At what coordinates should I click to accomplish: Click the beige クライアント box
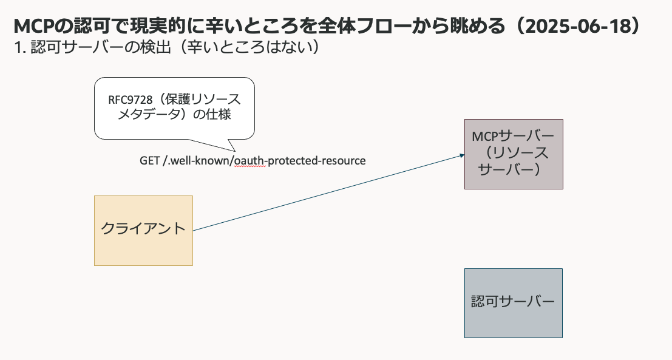coord(144,231)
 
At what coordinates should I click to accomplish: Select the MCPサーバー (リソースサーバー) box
coord(514,154)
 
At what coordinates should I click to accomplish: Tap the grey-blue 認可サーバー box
coord(514,304)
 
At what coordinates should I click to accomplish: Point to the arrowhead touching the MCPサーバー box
coord(462,155)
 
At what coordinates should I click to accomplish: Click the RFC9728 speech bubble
coord(174,109)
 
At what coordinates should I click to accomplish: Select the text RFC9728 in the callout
coord(131,100)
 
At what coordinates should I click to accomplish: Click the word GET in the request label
coord(149,161)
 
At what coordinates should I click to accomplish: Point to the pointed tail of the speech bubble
coord(235,151)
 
